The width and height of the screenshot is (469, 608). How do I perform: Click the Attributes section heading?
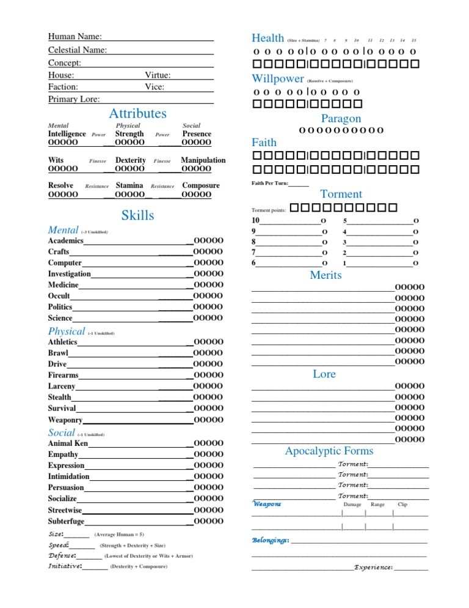137,114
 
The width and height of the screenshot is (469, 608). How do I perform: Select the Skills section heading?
137,215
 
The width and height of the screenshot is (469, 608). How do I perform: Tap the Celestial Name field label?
78,50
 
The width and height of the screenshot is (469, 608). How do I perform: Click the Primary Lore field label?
74,99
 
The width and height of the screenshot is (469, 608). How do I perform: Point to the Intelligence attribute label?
67,134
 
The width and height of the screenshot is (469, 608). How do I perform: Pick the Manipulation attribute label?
203,160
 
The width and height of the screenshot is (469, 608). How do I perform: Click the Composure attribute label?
201,185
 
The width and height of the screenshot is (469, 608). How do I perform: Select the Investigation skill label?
69,274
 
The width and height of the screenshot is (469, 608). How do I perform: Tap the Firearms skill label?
63,375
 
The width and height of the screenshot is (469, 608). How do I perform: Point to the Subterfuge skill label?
66,521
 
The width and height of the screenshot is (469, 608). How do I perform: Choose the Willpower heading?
278,78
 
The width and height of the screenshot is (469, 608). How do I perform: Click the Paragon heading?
341,119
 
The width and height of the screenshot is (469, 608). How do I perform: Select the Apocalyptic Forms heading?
329,451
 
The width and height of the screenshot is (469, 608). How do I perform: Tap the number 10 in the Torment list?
256,221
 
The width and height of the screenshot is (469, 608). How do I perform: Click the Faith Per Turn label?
269,184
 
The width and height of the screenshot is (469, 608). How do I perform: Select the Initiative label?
64,566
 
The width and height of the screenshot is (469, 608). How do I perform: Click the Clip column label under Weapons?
402,505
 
